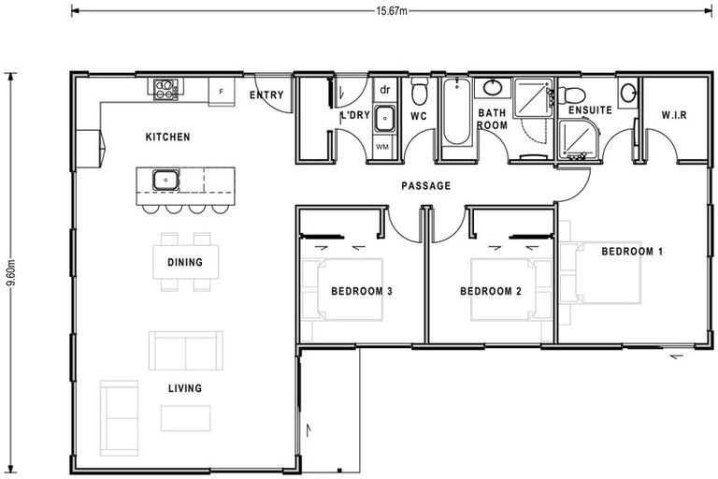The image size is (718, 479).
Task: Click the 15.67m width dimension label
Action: [392, 11]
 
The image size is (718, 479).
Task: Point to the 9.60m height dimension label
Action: [11, 272]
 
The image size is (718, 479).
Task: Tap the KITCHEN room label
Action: [167, 137]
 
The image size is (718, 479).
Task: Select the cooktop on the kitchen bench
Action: [165, 89]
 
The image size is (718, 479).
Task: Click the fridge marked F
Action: [222, 92]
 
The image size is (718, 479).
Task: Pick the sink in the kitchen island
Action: [165, 181]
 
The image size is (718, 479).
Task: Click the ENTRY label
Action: [266, 94]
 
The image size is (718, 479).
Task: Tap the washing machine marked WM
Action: [382, 147]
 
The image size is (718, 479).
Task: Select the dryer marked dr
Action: [385, 90]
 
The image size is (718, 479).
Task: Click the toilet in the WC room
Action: [419, 91]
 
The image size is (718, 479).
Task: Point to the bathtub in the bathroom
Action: [456, 112]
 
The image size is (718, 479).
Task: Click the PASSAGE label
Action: [426, 185]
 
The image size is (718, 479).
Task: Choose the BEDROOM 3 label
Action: [362, 291]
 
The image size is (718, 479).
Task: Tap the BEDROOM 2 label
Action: [491, 291]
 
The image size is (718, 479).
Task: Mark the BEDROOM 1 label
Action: [632, 251]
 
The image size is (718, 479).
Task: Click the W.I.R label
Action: [674, 114]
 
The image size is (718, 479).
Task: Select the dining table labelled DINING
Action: [185, 262]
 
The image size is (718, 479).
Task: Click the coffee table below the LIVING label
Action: [185, 418]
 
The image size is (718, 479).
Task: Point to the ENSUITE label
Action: [590, 110]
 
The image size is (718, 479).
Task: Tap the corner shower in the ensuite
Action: [579, 138]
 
